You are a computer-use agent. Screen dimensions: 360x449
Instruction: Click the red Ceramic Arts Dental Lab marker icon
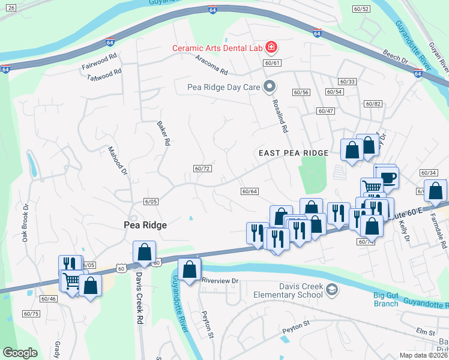(x=271, y=47)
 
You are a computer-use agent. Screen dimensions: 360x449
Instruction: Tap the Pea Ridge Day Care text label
(x=224, y=88)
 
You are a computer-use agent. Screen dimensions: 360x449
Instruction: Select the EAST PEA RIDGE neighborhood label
(x=292, y=154)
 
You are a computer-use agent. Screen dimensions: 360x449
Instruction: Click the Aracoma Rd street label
(x=212, y=66)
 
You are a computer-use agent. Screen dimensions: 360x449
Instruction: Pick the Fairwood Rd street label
(x=99, y=61)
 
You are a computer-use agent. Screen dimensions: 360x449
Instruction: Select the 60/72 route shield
(x=202, y=169)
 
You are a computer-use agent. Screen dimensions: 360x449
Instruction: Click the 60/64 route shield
(x=249, y=191)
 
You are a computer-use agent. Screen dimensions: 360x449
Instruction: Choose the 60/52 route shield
(x=361, y=9)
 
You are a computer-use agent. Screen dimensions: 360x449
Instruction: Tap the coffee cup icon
(x=388, y=177)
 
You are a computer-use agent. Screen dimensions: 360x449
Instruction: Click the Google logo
(x=20, y=353)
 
